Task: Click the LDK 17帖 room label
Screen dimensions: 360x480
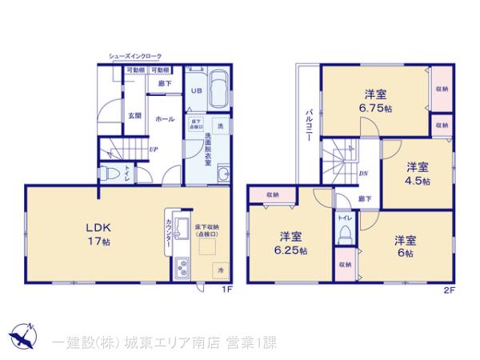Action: [97, 234]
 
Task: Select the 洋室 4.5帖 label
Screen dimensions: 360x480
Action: [416, 174]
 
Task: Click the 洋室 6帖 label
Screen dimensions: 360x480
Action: [403, 246]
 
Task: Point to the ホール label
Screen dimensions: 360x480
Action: [165, 119]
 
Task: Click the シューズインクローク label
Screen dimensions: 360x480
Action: [135, 56]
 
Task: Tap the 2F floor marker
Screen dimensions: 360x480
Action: [449, 289]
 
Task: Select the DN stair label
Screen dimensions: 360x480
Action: [362, 173]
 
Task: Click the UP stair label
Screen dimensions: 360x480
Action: [152, 150]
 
